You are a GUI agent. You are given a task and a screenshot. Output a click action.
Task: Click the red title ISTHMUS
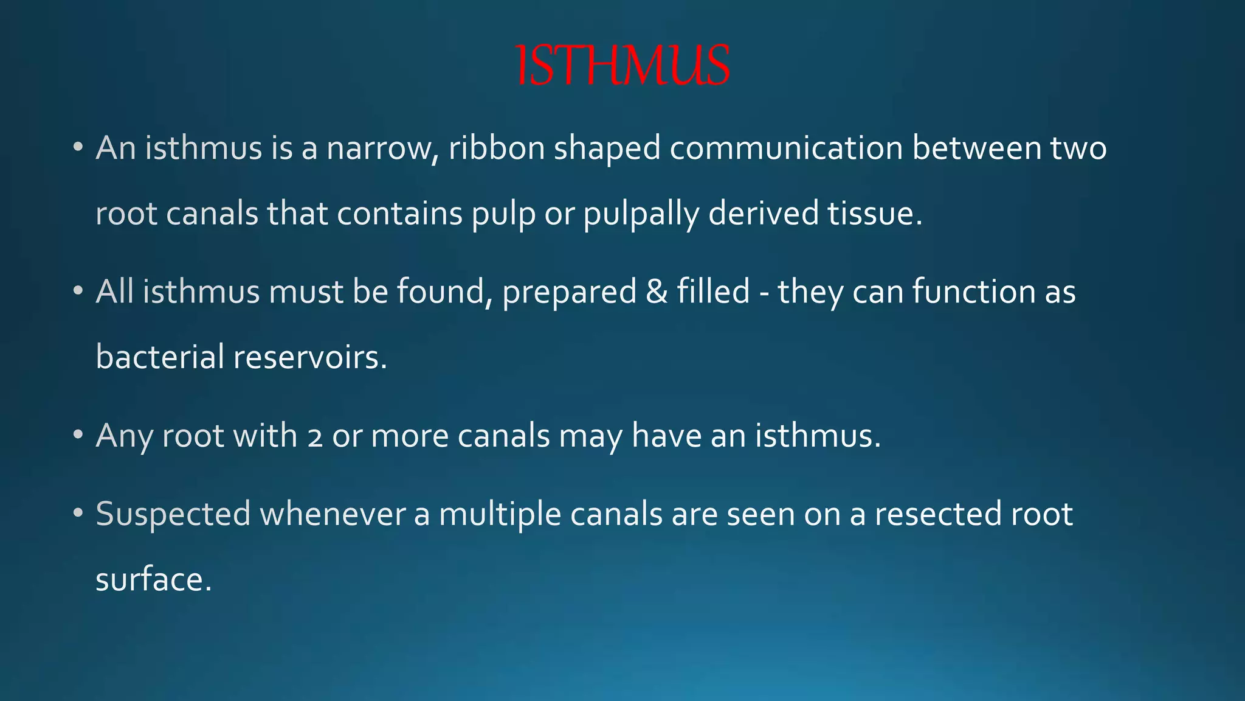tap(622, 66)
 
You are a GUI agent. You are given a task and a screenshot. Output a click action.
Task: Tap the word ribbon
tap(497, 148)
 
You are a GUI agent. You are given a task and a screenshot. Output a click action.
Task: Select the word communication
tap(786, 148)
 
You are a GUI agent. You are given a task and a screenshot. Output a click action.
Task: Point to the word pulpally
tap(641, 214)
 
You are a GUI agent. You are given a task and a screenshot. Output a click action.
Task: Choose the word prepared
tap(569, 293)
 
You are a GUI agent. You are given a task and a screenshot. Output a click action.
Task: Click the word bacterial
tap(160, 357)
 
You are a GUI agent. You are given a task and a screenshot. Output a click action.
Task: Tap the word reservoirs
tap(310, 357)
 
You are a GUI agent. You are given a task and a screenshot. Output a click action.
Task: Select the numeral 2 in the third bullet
tap(315, 437)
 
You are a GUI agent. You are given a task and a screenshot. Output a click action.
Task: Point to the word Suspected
tap(173, 515)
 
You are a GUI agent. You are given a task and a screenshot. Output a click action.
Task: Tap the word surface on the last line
tap(154, 579)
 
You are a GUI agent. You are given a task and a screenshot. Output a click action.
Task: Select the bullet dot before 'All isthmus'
tap(77, 291)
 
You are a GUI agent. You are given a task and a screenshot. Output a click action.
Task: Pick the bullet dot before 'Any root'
tap(77, 436)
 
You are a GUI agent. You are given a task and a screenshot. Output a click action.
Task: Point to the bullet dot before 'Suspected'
tap(77, 514)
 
